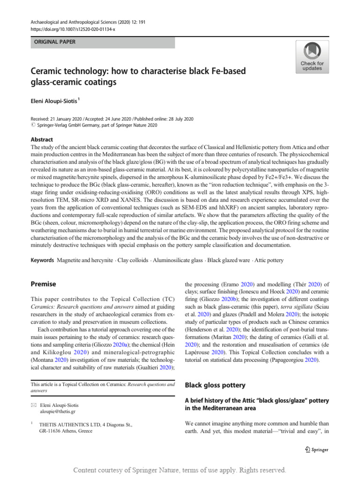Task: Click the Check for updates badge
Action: click(312, 57)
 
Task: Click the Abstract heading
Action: click(42, 140)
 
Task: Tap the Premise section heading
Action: click(43, 284)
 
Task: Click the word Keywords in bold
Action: click(42, 260)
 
